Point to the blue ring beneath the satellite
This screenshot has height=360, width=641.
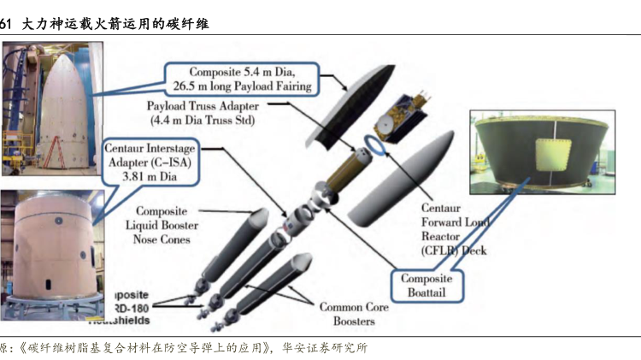pos(377,140)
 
